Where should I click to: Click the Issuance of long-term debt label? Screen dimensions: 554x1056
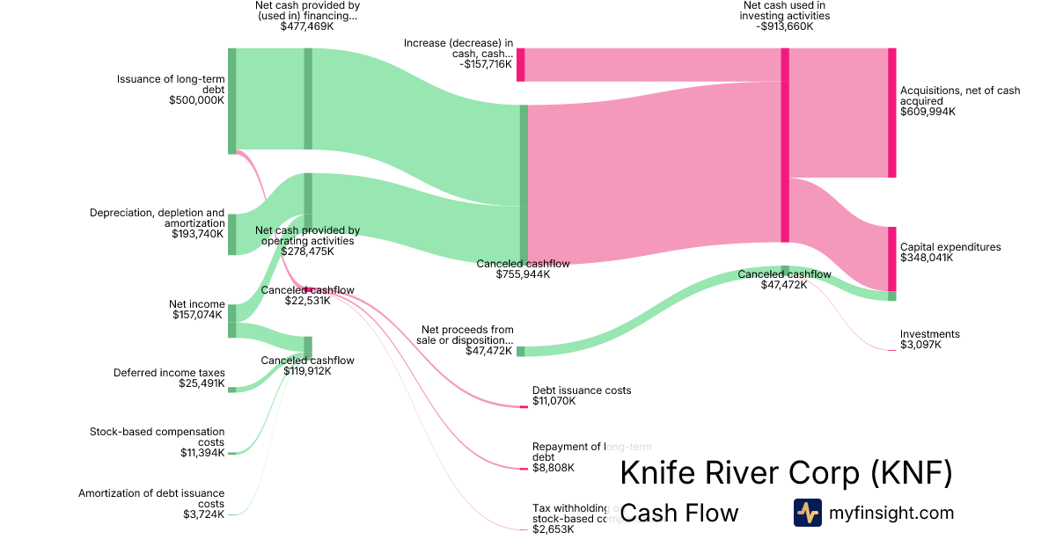pyautogui.click(x=171, y=84)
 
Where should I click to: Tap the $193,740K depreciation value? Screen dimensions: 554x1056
pyautogui.click(x=198, y=234)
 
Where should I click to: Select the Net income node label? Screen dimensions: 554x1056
pyautogui.click(x=196, y=304)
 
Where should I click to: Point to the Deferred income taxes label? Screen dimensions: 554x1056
pyautogui.click(x=169, y=372)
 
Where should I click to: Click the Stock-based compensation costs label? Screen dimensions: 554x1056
pyautogui.click(x=157, y=436)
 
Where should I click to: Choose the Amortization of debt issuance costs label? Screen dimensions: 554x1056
pyautogui.click(x=151, y=498)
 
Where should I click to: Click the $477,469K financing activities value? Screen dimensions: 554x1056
pyautogui.click(x=307, y=26)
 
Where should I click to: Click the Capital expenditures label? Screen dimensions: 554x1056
pyautogui.click(x=950, y=247)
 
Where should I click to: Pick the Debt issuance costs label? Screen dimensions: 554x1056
pyautogui.click(x=582, y=390)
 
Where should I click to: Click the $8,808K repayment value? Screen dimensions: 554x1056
pyautogui.click(x=554, y=468)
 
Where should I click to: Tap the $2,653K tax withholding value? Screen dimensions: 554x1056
pyautogui.click(x=554, y=529)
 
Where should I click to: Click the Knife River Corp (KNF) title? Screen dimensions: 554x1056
pyautogui.click(x=786, y=473)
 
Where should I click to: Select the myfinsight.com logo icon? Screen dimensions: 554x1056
pyautogui.click(x=807, y=513)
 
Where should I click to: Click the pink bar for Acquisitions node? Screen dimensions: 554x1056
pyautogui.click(x=891, y=113)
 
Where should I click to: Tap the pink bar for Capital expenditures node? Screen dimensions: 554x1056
pyautogui.click(x=891, y=259)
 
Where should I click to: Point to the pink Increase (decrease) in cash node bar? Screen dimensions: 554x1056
pyautogui.click(x=521, y=65)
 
